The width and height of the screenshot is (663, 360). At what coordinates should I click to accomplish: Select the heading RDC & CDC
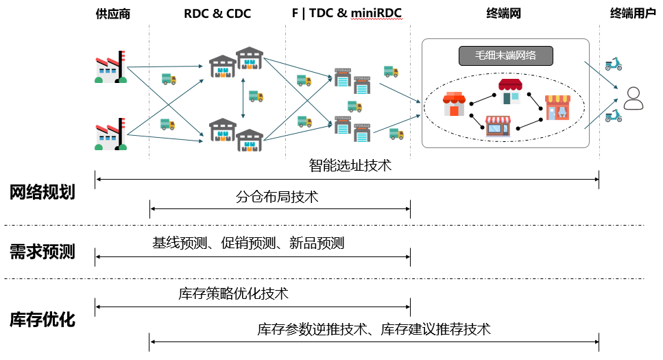(217, 14)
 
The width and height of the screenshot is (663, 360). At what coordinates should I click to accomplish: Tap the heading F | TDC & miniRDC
(348, 14)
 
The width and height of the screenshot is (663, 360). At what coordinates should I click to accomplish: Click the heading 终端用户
(633, 14)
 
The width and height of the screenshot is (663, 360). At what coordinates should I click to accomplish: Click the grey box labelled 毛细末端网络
(505, 56)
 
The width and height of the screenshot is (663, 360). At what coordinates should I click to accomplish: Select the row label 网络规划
(42, 193)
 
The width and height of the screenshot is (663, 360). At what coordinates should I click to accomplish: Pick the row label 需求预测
(42, 252)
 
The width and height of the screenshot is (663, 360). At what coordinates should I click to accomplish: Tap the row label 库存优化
(42, 320)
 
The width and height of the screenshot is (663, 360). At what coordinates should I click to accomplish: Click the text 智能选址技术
(350, 165)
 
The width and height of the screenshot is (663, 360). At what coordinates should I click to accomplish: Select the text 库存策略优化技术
(233, 294)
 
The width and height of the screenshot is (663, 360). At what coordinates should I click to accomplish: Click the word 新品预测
(316, 243)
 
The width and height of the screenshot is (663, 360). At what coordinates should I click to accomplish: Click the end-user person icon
(633, 99)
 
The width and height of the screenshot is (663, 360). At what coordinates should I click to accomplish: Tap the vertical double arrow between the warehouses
(243, 99)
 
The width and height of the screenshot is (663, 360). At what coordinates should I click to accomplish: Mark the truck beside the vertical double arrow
(256, 97)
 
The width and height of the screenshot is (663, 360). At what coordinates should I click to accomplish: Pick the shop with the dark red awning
(510, 91)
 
